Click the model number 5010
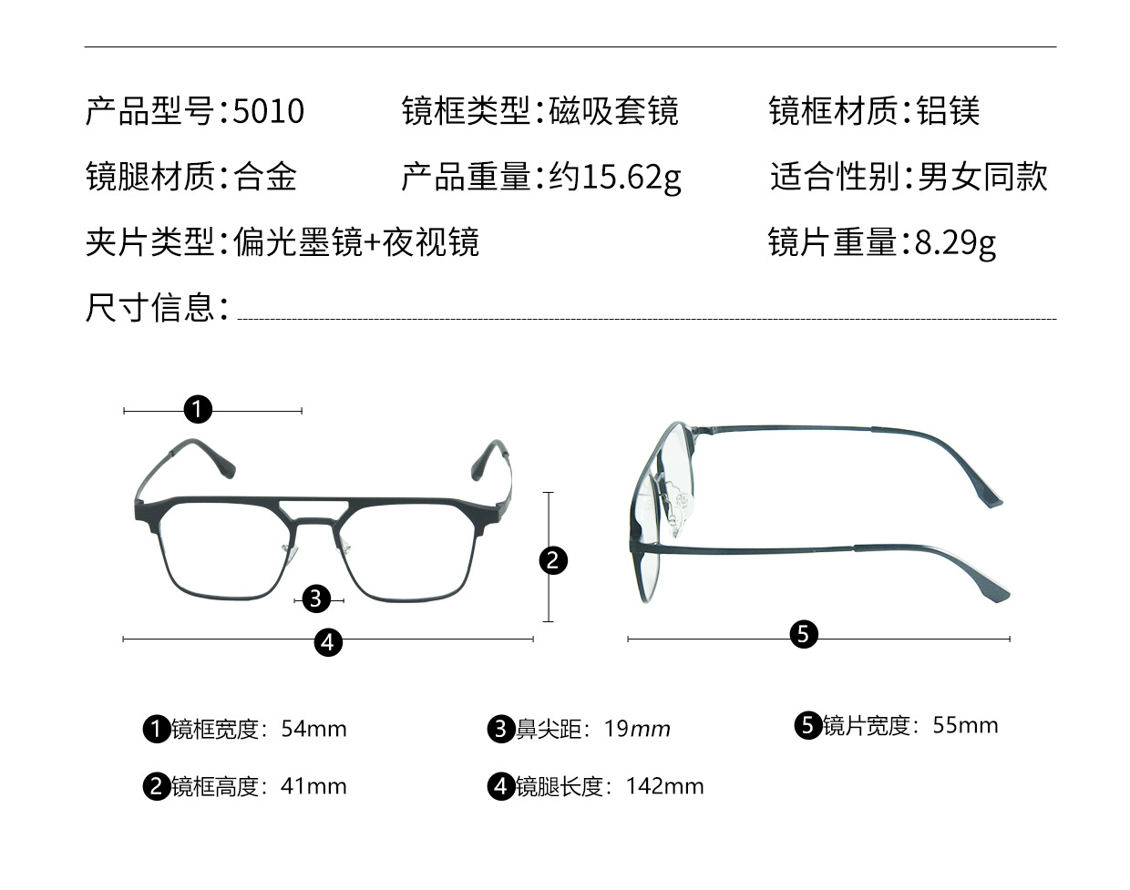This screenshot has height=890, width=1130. click(x=269, y=111)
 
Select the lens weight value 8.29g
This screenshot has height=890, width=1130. click(x=955, y=242)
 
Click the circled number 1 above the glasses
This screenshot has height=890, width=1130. click(x=198, y=409)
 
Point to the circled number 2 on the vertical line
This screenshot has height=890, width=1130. click(x=553, y=559)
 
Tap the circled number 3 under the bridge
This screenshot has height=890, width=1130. click(x=316, y=598)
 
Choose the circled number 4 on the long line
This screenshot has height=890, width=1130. click(x=328, y=641)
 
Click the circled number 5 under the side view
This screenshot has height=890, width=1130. click(x=803, y=634)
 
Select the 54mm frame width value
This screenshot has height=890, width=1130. click(x=313, y=729)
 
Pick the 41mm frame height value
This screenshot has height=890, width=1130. click(x=313, y=786)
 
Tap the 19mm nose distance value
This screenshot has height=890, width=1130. click(x=637, y=729)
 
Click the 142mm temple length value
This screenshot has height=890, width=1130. click(x=664, y=786)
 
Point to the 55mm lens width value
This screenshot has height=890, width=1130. click(x=965, y=725)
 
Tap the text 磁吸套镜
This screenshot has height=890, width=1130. click(x=614, y=111)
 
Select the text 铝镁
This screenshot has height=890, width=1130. click(x=948, y=111)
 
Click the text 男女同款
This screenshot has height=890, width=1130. click(x=982, y=177)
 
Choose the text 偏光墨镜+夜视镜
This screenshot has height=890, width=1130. click(x=356, y=242)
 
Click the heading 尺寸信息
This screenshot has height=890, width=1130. click(x=150, y=308)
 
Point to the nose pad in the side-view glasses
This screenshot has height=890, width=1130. click(x=674, y=510)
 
